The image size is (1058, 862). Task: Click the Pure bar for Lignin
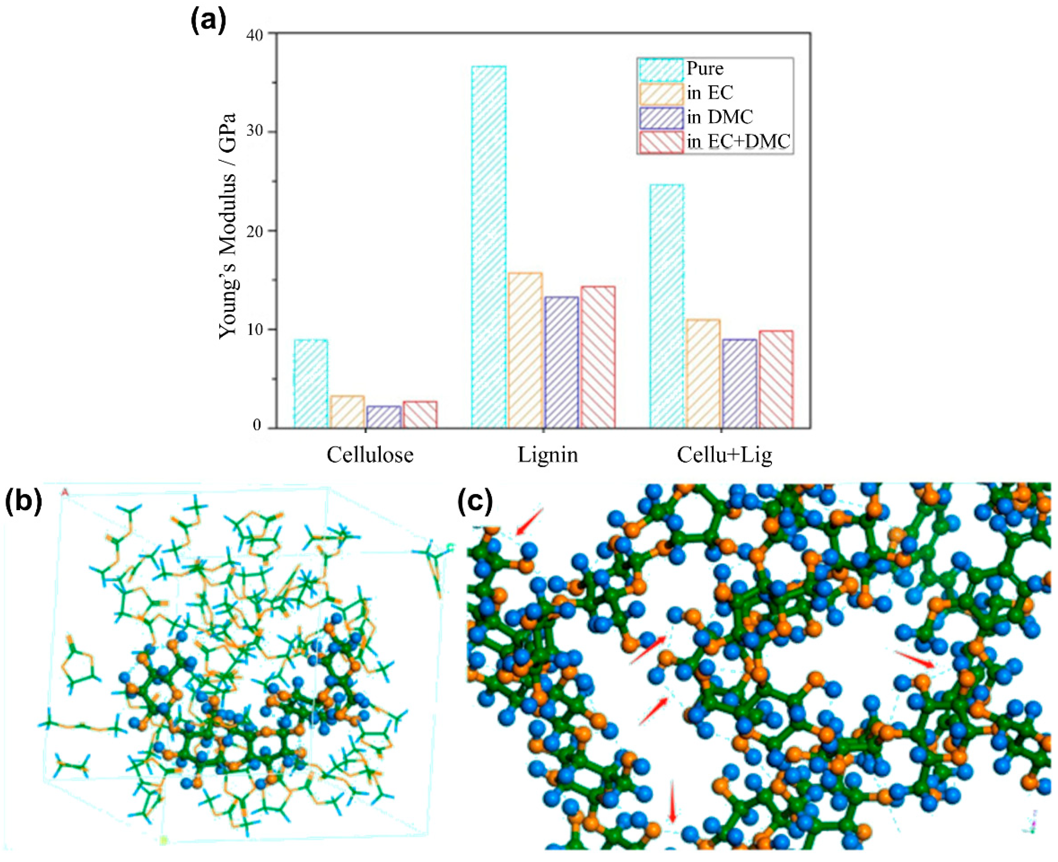489,247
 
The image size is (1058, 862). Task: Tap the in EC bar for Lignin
525,350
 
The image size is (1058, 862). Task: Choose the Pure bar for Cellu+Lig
666,306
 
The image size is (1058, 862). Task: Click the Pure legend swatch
661,70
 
